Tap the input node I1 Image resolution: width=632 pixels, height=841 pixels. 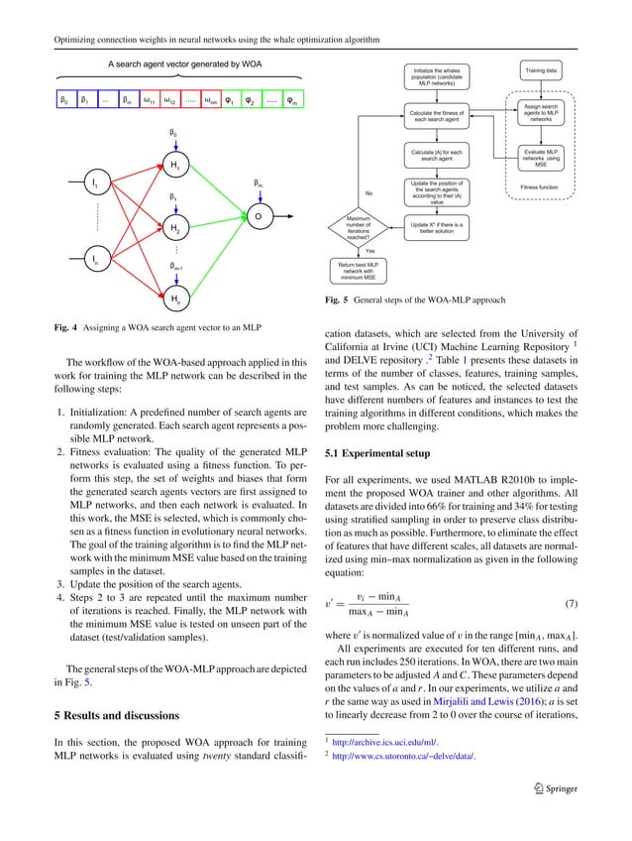pos(96,184)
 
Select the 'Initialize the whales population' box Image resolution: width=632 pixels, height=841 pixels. pos(433,76)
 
